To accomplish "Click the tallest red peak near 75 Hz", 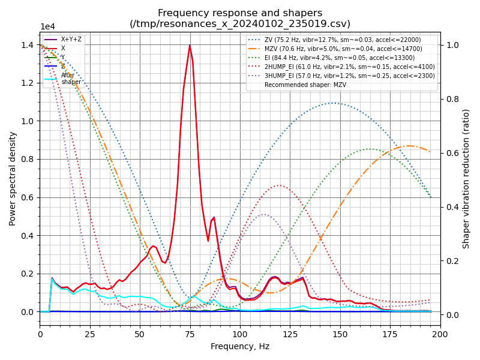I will pyautogui.click(x=190, y=46).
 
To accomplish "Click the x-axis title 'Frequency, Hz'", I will pyautogui.click(x=240, y=347).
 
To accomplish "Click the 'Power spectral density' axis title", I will pyautogui.click(x=13, y=178).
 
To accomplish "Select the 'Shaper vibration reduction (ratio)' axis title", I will pyautogui.click(x=466, y=178).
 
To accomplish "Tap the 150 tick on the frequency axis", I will pyautogui.click(x=340, y=334).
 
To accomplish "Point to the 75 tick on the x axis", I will pyautogui.click(x=190, y=334).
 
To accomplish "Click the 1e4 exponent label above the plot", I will pyautogui.click(x=49, y=27).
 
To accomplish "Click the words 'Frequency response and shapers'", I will pyautogui.click(x=240, y=13).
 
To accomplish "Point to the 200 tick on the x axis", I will pyautogui.click(x=440, y=334).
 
